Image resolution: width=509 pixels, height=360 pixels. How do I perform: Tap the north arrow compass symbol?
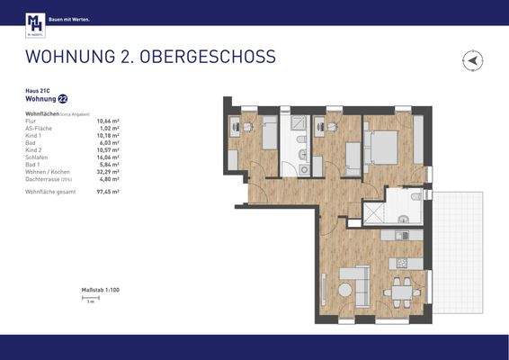tap(472, 61)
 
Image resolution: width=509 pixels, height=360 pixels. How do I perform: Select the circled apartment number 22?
tap(62, 100)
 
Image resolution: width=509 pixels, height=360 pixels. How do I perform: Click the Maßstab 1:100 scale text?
tap(100, 289)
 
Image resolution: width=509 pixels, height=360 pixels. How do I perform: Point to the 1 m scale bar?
tap(90, 298)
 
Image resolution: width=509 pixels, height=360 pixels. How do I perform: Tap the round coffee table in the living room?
tap(345, 290)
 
